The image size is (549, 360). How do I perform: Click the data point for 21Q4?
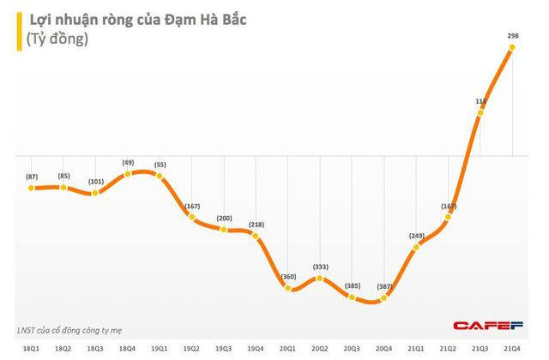[512, 49]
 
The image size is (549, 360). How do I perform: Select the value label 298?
[512, 36]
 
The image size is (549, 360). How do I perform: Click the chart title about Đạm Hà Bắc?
[132, 15]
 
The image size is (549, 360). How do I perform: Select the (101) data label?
[94, 181]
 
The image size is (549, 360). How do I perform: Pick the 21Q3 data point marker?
[480, 114]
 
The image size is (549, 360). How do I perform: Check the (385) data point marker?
[352, 296]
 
